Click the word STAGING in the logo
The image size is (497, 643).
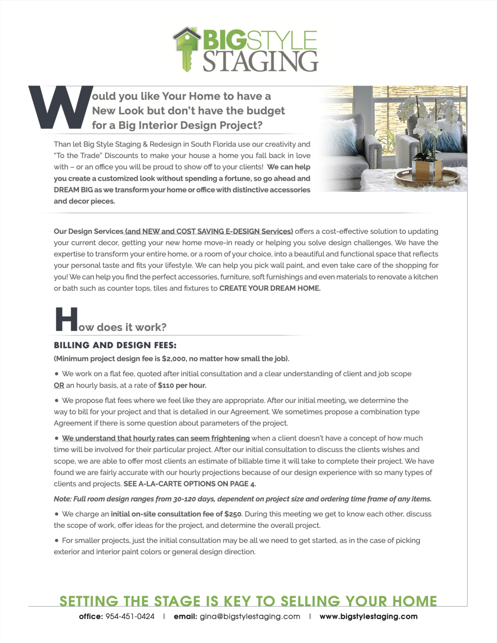point(260,61)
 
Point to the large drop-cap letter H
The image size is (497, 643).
point(66,319)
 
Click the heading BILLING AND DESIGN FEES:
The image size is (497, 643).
point(115,345)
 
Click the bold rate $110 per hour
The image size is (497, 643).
point(182,385)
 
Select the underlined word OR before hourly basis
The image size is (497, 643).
point(59,385)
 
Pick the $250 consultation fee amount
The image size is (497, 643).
point(233,514)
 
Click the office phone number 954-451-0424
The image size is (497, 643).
point(130,617)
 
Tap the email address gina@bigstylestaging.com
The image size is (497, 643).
point(250,617)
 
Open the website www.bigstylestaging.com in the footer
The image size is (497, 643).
point(368,617)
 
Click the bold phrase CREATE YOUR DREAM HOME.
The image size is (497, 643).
point(270,288)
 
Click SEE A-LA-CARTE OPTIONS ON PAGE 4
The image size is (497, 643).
point(189,484)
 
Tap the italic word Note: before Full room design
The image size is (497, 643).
point(63,499)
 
